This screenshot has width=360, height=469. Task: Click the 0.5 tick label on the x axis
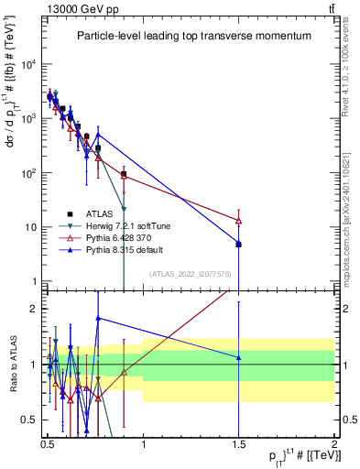pos(48,442)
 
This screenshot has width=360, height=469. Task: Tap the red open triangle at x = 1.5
pos(238,221)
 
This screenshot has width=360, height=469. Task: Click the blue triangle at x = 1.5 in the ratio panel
pos(238,357)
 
